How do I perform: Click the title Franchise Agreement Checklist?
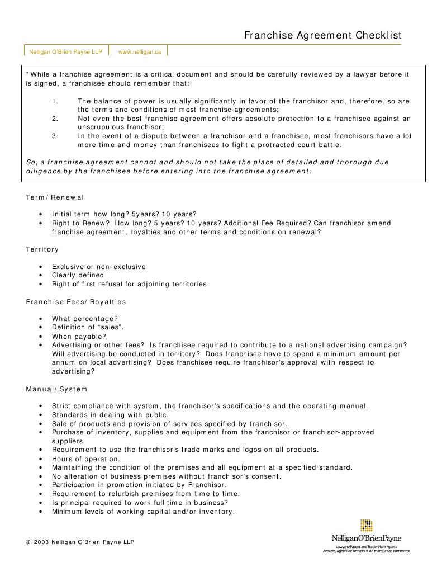click(x=322, y=36)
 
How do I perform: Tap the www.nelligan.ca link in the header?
click(x=140, y=51)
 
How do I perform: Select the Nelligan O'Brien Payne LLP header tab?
click(x=65, y=51)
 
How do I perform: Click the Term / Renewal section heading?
click(x=55, y=197)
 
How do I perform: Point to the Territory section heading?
click(x=42, y=249)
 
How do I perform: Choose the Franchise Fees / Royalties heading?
click(x=76, y=302)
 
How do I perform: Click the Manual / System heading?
click(x=57, y=389)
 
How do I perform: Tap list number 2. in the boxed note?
click(x=55, y=119)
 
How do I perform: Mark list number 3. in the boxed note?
click(x=55, y=136)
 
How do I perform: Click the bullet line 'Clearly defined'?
click(x=78, y=275)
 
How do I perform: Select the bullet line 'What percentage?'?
click(x=85, y=319)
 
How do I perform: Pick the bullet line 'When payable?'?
click(x=79, y=337)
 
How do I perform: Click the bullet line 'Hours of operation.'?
click(x=86, y=459)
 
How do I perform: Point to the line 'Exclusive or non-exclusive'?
click(x=99, y=267)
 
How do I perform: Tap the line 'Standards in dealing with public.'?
click(x=110, y=415)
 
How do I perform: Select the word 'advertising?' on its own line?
click(x=73, y=371)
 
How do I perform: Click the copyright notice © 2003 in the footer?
click(x=80, y=542)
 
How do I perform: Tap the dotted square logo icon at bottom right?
click(x=366, y=526)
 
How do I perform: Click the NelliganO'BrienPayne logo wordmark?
click(x=366, y=538)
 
